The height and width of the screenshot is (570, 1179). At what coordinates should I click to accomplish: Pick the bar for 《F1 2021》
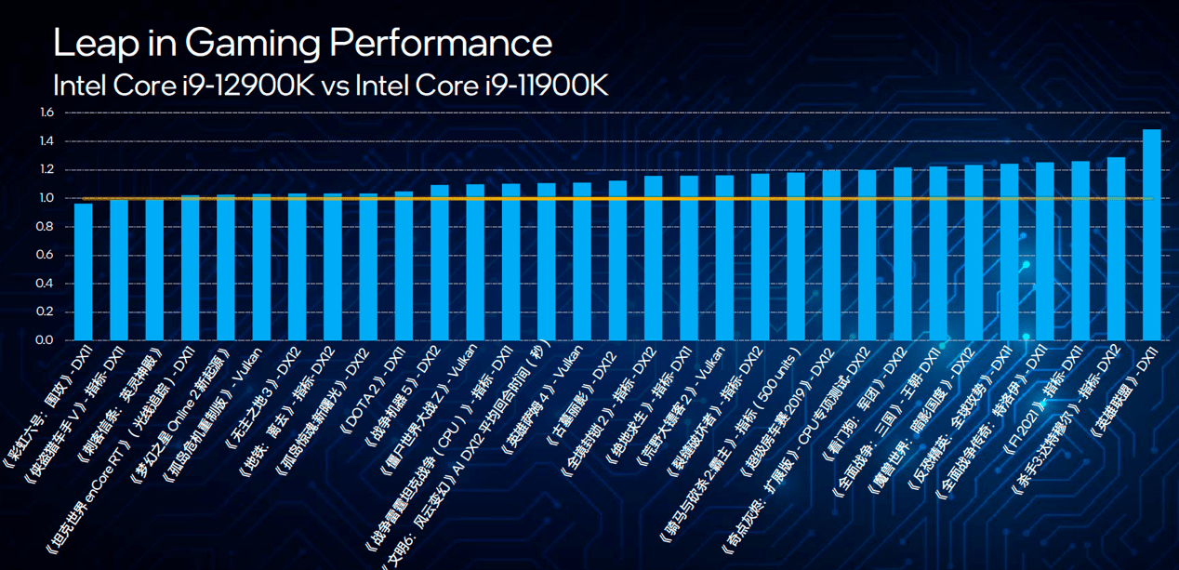(1080, 251)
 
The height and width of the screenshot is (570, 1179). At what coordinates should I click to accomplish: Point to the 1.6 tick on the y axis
(47, 113)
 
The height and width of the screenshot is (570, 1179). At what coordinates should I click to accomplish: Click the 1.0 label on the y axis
(47, 198)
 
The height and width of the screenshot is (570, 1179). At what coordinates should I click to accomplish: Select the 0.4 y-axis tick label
(47, 283)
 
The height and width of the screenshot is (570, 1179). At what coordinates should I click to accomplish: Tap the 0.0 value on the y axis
(47, 339)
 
